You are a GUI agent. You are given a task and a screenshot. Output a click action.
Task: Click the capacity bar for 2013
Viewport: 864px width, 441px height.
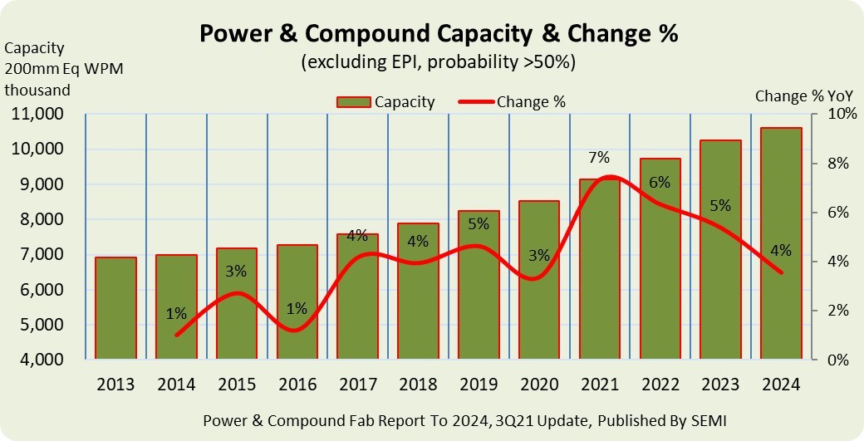[x=115, y=308]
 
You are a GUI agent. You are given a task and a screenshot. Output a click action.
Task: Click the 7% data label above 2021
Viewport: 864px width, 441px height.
[x=598, y=158]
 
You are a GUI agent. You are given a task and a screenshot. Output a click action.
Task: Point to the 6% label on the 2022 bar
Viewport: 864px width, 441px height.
[x=660, y=183]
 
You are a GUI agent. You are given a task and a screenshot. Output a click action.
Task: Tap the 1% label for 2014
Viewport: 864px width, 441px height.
[x=176, y=314]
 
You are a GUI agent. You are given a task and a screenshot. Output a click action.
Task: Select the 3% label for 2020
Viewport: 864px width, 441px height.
[x=539, y=256]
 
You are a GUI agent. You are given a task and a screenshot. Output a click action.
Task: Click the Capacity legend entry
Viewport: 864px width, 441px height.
[x=385, y=102]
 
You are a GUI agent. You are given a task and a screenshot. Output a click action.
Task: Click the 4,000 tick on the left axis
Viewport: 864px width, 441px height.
[x=42, y=360]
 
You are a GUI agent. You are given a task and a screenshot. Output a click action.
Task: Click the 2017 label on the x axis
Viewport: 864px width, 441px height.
[x=357, y=385]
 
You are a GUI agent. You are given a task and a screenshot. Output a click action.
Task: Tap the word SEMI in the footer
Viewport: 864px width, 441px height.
[x=709, y=421]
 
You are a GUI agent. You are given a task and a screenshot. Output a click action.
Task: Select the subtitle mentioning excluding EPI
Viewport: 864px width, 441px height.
[x=438, y=62]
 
